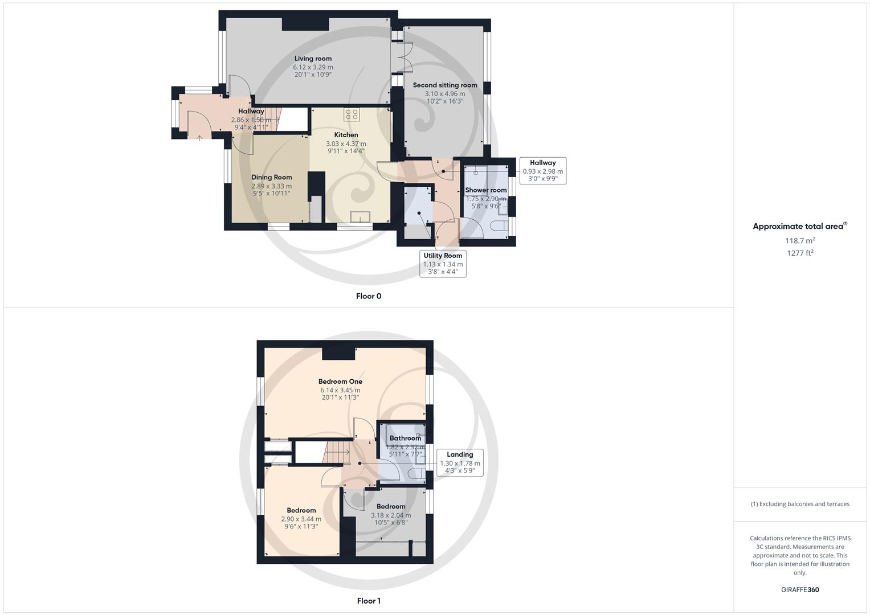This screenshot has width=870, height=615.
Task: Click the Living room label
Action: point(313,59)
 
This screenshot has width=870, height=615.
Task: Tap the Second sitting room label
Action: point(445,85)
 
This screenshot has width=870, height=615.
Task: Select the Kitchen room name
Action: point(346,135)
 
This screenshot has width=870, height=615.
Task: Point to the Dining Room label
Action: point(272,177)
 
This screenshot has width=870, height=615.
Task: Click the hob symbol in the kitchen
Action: point(352,114)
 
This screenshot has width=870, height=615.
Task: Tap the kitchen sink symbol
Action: point(360,216)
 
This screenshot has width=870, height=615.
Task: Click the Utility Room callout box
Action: point(443,264)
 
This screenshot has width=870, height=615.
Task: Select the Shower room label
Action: point(486,190)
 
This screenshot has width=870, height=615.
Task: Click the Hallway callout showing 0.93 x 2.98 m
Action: point(542,171)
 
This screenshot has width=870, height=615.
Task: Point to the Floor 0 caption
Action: point(369,296)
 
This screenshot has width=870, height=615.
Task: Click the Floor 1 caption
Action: point(369,601)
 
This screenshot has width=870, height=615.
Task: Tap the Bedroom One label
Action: point(340,382)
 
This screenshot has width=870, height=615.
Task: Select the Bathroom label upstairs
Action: point(405,438)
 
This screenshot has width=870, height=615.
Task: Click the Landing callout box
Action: point(460,462)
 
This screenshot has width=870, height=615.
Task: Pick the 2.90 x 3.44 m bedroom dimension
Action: point(301,519)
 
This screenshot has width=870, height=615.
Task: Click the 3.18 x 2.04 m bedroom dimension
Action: point(391,515)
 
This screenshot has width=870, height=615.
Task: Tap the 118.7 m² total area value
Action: point(800,241)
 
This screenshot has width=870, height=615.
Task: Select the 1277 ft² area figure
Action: point(800,253)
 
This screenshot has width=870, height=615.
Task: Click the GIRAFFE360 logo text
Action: point(800,590)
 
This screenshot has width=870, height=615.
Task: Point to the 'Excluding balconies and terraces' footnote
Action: point(800,504)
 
